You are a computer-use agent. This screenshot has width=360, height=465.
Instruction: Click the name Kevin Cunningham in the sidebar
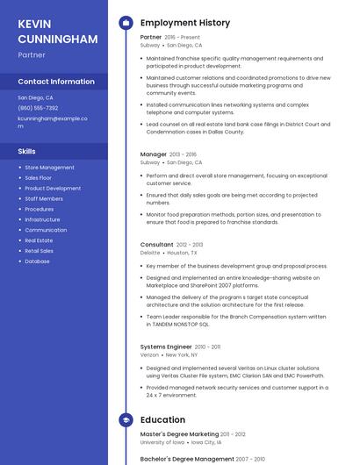(x=57, y=31)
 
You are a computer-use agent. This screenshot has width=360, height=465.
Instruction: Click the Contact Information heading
(x=56, y=82)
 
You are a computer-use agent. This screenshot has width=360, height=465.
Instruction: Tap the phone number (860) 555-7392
(x=38, y=108)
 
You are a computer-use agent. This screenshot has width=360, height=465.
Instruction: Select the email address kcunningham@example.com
(x=54, y=121)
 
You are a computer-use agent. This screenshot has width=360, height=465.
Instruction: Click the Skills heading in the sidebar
(x=26, y=151)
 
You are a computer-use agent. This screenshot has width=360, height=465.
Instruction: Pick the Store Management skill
(x=49, y=167)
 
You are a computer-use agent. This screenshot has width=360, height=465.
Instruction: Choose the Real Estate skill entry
(x=39, y=240)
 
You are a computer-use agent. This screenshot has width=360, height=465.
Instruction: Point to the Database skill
(x=37, y=261)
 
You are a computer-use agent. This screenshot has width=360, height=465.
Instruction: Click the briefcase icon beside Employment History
(x=126, y=23)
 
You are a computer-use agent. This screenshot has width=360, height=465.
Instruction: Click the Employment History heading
(x=184, y=23)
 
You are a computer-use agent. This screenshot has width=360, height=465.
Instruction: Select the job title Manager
(x=154, y=154)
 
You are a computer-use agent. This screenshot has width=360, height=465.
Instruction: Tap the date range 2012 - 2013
(x=190, y=245)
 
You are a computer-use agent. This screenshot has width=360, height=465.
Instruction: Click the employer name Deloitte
(x=150, y=253)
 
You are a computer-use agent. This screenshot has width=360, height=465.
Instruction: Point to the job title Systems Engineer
(x=166, y=347)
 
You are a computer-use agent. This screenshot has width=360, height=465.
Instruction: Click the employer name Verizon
(x=150, y=354)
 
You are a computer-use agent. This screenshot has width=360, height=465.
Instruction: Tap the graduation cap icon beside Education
(x=126, y=420)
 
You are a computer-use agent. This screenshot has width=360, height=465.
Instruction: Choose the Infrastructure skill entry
(x=42, y=219)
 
